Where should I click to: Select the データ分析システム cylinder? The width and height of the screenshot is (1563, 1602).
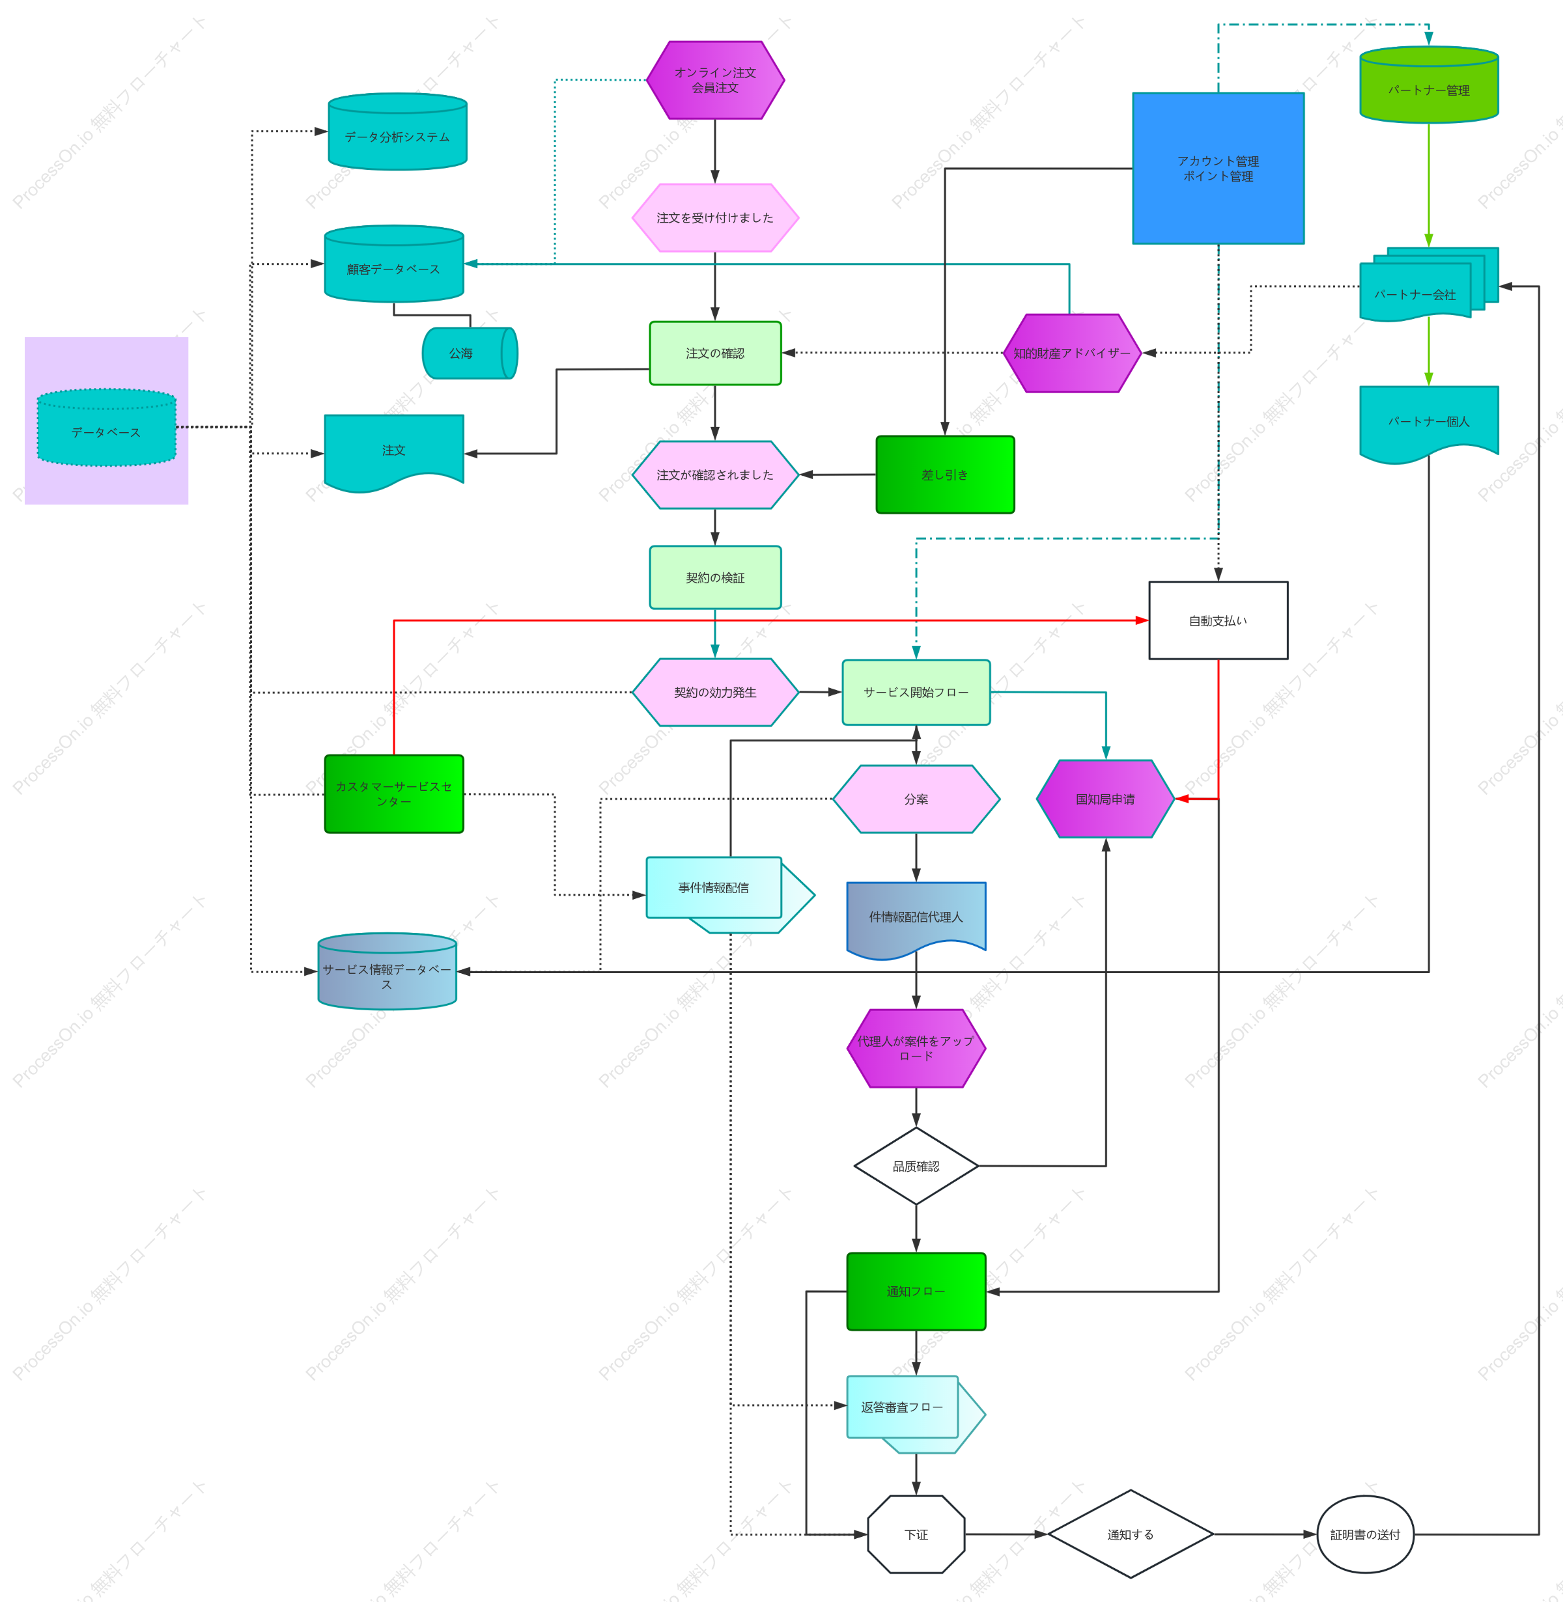pos(397,131)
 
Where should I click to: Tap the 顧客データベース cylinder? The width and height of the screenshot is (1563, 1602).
pos(394,264)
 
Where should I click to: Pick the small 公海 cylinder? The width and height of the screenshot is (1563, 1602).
pos(470,353)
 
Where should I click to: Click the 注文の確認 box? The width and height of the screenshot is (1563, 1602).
pos(715,353)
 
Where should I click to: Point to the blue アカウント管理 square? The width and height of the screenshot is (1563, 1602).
pos(1218,168)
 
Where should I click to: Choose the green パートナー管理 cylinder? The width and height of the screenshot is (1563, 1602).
pos(1429,85)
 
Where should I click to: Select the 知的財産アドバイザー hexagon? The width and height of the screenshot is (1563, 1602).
pos(1072,353)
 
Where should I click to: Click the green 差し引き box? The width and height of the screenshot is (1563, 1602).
pos(945,475)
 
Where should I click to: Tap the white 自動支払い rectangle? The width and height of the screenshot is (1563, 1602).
pos(1218,620)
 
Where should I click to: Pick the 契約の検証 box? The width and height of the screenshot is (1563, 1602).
pos(715,577)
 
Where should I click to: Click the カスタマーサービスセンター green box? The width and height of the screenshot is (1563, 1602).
pos(394,794)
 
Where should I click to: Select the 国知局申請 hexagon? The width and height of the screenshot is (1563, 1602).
pos(1106,799)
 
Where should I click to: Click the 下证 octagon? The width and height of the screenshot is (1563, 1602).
pos(916,1534)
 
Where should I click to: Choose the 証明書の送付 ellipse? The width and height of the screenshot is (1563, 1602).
pos(1365,1534)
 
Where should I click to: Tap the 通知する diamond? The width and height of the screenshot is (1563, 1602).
pos(1131,1534)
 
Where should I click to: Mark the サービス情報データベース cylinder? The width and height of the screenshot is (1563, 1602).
pos(387,971)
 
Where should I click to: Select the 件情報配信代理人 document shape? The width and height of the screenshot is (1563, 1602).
pos(916,920)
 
